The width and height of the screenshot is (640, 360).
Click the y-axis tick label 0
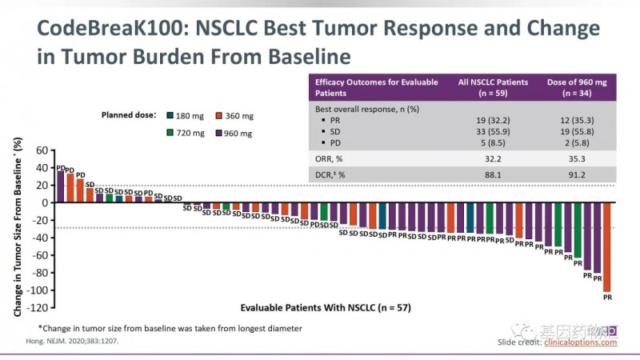click(x=45, y=202)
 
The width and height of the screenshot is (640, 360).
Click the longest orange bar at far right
click(x=606, y=246)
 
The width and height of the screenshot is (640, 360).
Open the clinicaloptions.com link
click(x=581, y=342)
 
